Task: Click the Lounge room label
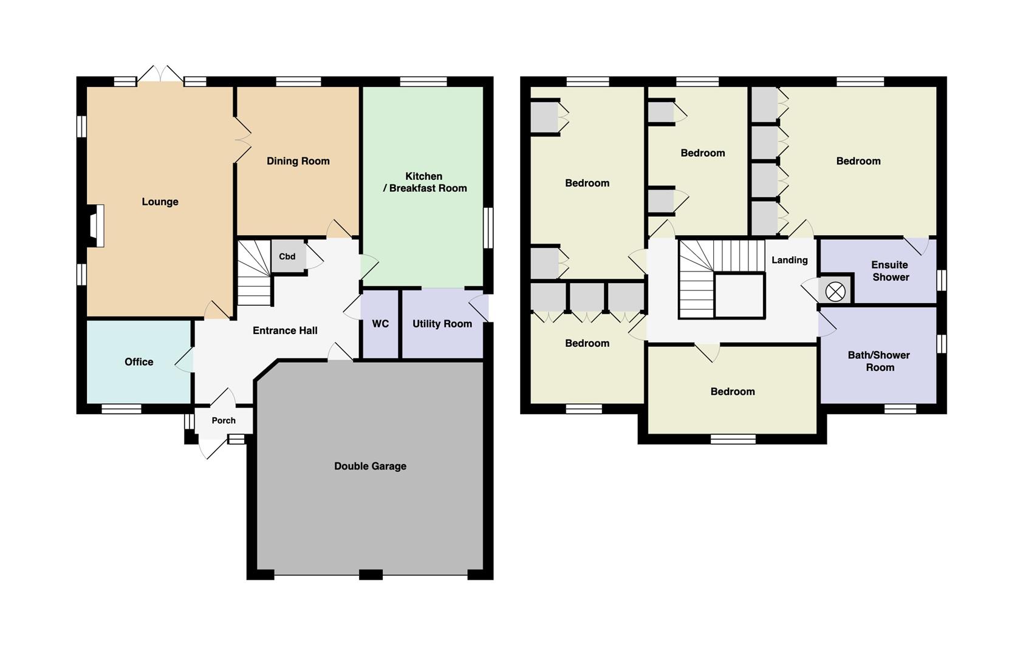pyautogui.click(x=160, y=202)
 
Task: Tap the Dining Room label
pyautogui.click(x=298, y=161)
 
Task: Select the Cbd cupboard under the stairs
pyautogui.click(x=288, y=256)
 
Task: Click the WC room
pyautogui.click(x=380, y=324)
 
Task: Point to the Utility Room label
pyautogui.click(x=442, y=324)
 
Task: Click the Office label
pyautogui.click(x=139, y=362)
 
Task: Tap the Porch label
pyautogui.click(x=224, y=420)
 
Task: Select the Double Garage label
pyautogui.click(x=371, y=466)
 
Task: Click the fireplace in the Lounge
pyautogui.click(x=95, y=226)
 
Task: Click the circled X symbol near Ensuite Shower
pyautogui.click(x=835, y=292)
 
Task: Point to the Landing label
pyautogui.click(x=790, y=260)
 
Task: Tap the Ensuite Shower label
pyautogui.click(x=890, y=271)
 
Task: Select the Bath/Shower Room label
pyautogui.click(x=879, y=361)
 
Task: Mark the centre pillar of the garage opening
pyautogui.click(x=371, y=575)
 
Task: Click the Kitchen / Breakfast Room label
pyautogui.click(x=425, y=182)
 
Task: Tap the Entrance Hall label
pyautogui.click(x=285, y=330)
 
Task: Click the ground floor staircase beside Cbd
pyautogui.click(x=255, y=273)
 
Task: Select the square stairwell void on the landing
pyautogui.click(x=739, y=295)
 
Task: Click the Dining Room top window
pyautogui.click(x=299, y=82)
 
